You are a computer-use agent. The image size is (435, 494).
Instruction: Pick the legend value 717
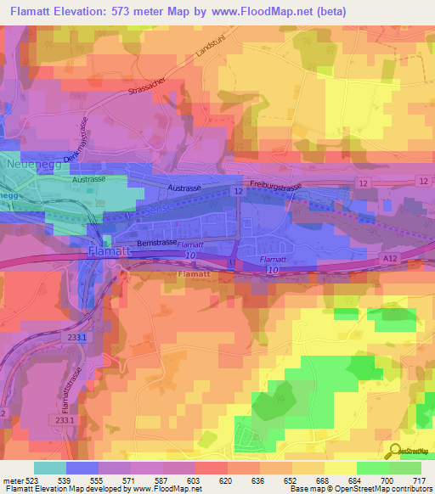pos(419,480)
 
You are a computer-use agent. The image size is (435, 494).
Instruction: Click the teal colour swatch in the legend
pos(49,468)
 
